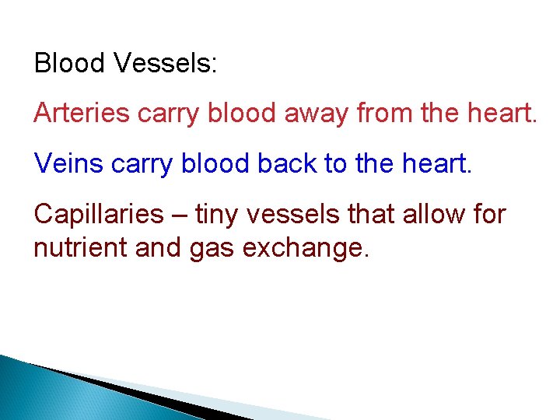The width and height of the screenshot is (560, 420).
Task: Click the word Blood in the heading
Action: (69, 63)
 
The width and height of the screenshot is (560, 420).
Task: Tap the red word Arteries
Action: (82, 114)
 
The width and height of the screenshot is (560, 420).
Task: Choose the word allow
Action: (436, 215)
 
